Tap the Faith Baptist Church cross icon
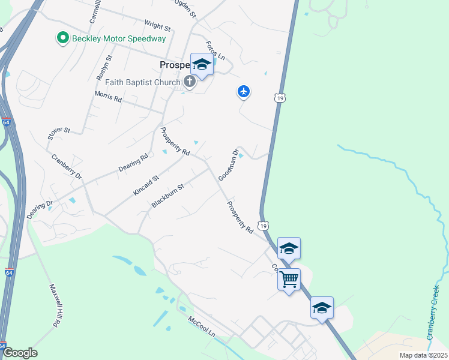click(x=190, y=82)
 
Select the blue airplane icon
click(x=243, y=92)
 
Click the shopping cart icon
click(x=289, y=278)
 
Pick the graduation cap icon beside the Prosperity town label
click(x=202, y=64)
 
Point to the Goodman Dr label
click(x=229, y=164)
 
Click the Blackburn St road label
click(x=167, y=196)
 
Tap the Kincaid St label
click(x=145, y=187)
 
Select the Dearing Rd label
click(x=133, y=164)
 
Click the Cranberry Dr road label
click(x=66, y=167)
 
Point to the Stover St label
click(x=59, y=138)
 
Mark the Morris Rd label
click(x=108, y=97)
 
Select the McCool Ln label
click(x=201, y=326)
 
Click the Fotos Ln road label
click(x=215, y=50)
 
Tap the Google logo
click(x=20, y=353)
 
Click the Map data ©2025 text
click(x=423, y=355)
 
